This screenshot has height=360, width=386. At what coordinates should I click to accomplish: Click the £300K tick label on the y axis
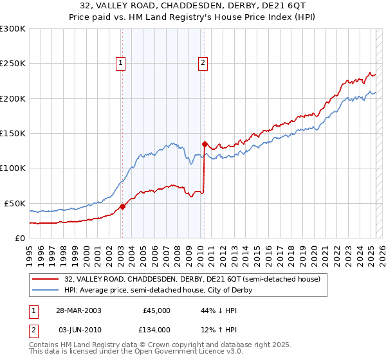coord(13,29)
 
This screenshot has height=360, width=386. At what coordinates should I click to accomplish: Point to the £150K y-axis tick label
coord(13,133)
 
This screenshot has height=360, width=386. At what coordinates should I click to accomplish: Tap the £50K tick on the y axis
coord(15,203)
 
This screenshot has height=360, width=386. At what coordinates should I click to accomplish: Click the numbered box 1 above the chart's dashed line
coord(122,62)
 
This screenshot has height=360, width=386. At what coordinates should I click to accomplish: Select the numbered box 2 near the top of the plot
coord(203,62)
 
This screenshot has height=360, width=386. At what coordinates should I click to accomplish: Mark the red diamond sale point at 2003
coord(122,207)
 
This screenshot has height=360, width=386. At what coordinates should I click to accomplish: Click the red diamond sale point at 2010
coord(205,144)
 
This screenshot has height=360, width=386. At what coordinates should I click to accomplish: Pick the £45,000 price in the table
coord(156,310)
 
